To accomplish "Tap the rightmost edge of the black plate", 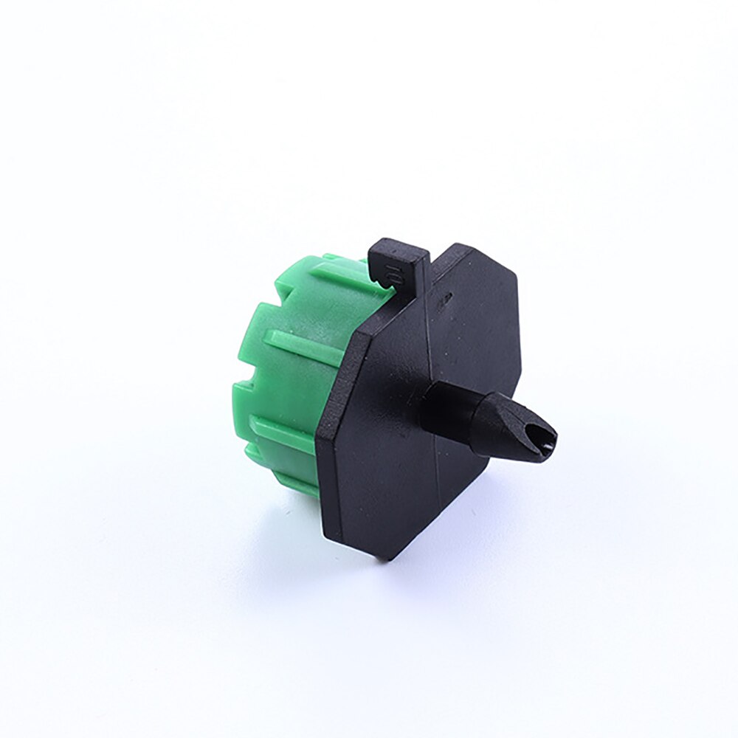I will pos(520,362).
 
